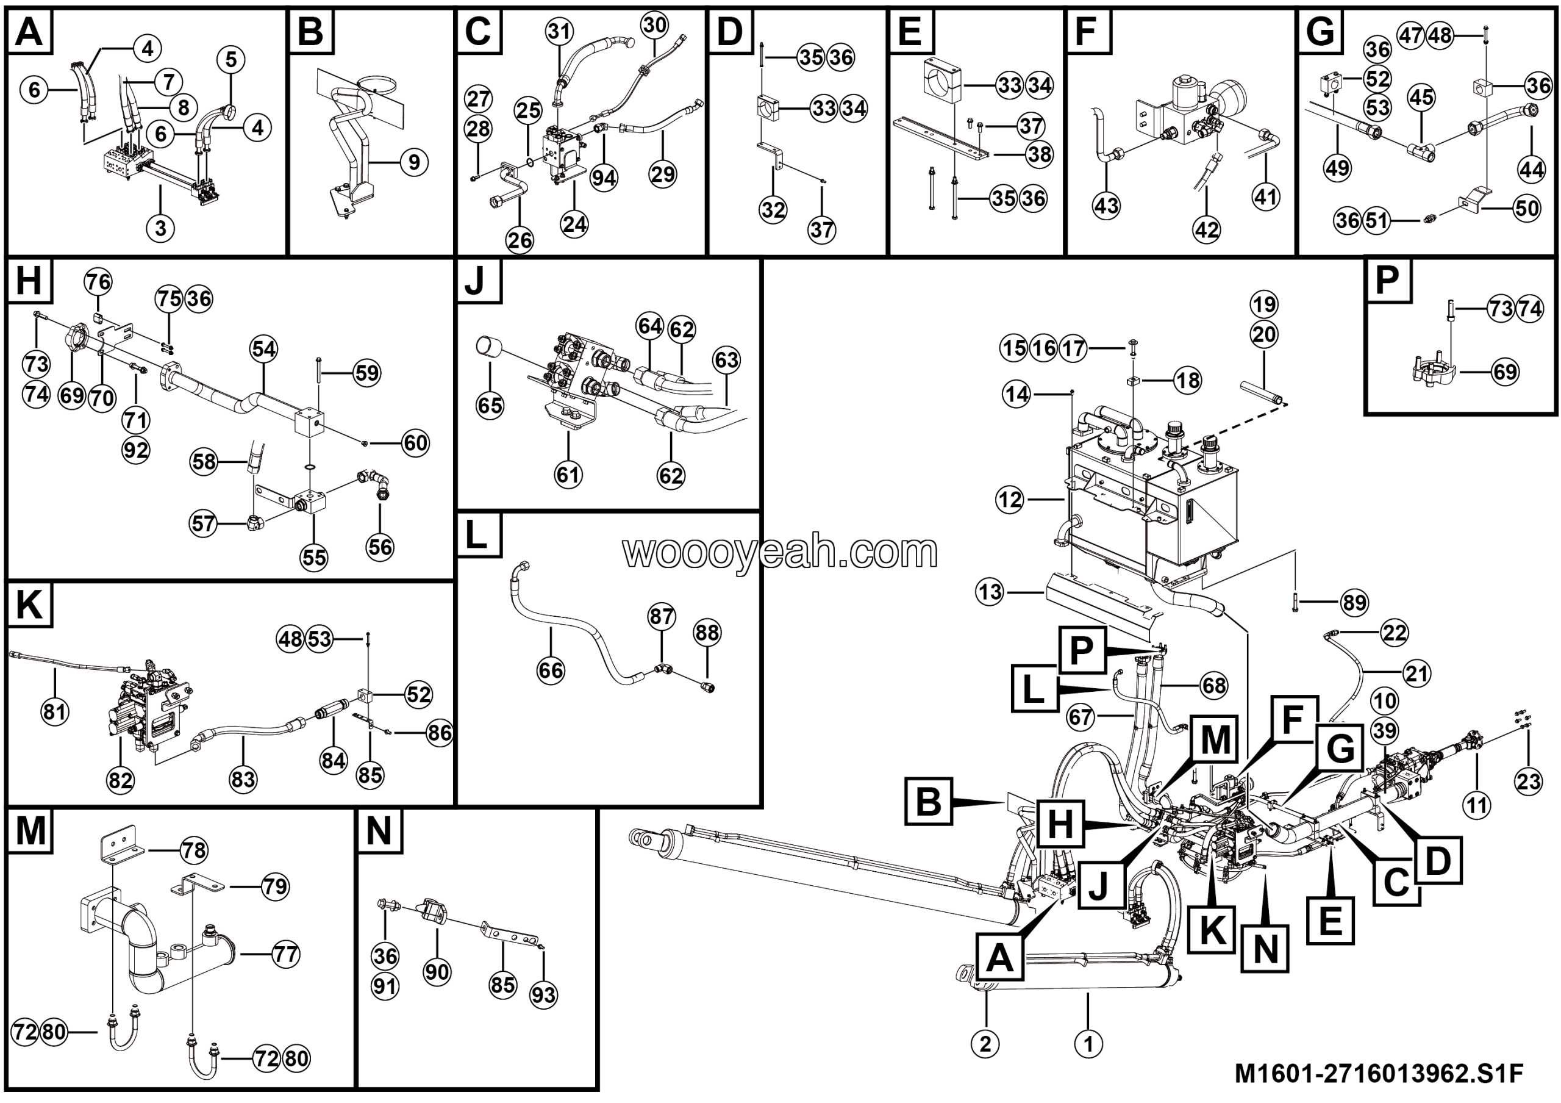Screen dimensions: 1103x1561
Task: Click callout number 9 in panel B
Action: pos(413,162)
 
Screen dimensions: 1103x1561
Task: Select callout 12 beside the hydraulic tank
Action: pos(1010,500)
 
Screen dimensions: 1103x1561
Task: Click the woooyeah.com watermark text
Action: pos(780,552)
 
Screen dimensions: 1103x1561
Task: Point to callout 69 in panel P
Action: pos(1506,372)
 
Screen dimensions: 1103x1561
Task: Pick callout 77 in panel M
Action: pos(285,955)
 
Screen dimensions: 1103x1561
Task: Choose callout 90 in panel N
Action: pos(437,972)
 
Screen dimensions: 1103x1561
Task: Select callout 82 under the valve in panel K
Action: pos(120,780)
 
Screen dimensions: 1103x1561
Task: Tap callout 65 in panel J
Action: pos(490,406)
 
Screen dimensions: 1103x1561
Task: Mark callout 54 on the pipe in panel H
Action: pos(264,350)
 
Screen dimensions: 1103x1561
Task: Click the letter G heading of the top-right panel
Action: pos(1320,31)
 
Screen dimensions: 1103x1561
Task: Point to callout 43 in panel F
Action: pos(1106,205)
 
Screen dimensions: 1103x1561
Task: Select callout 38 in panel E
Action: pos(1040,154)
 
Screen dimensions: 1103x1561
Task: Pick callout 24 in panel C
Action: pos(574,224)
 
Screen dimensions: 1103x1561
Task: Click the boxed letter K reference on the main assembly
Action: pos(1212,930)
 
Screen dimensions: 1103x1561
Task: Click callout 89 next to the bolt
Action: pos(1354,603)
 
